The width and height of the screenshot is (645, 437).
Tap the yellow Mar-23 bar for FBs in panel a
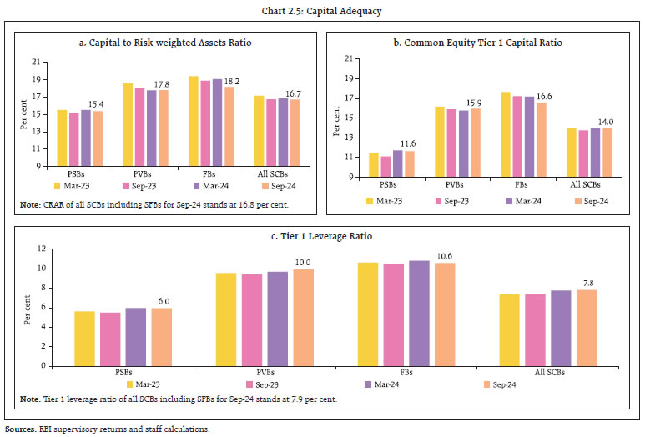(194, 121)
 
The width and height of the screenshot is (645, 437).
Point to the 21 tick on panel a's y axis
(36, 62)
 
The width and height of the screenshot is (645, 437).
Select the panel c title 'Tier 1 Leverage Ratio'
(322, 236)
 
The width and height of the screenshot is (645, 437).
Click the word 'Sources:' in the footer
(21, 429)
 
